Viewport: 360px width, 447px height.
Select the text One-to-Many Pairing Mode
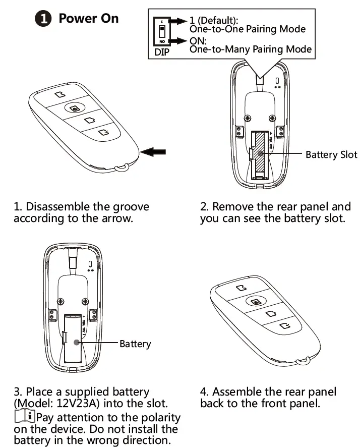tap(250, 49)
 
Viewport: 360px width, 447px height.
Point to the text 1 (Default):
tap(214, 21)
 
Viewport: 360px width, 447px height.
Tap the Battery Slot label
tap(331, 154)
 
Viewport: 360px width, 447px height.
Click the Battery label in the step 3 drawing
tap(135, 344)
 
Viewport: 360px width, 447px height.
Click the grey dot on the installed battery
tap(76, 342)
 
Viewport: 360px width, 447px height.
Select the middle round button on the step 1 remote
tap(74, 108)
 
